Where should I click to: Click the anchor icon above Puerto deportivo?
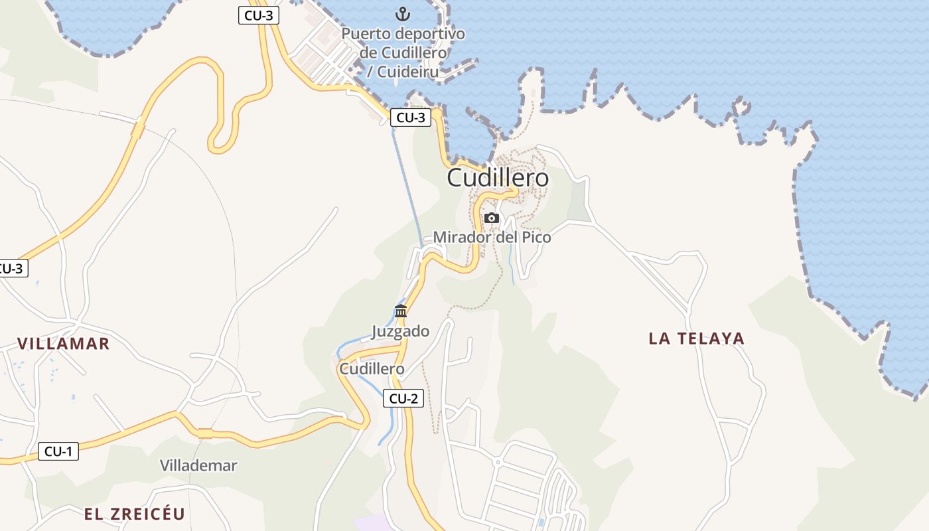[403, 13]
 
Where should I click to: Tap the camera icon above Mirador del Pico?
[492, 218]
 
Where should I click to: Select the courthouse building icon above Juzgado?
[401, 311]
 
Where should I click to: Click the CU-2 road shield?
[403, 398]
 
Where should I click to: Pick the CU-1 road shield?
[58, 451]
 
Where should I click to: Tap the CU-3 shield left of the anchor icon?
[259, 16]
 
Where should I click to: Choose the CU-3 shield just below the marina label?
[411, 117]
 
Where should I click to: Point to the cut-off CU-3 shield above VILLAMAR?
[13, 268]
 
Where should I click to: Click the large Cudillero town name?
[498, 178]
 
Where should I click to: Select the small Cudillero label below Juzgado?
[372, 368]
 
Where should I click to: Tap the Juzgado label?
[400, 331]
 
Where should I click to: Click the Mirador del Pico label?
[492, 237]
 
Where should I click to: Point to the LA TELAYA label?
[696, 339]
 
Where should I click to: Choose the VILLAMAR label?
[63, 343]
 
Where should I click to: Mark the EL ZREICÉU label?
[134, 514]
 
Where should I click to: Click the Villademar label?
[198, 465]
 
